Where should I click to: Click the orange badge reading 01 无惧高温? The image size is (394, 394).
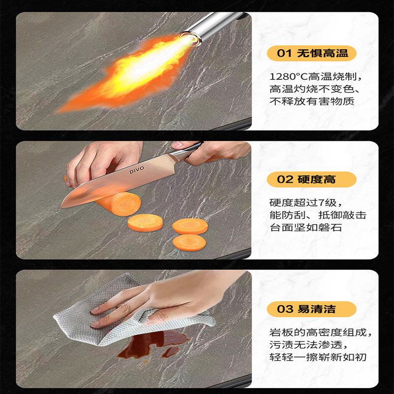click(311, 53)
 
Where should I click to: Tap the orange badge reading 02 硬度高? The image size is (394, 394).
click(311, 179)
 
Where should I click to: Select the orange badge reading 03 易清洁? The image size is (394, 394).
click(311, 309)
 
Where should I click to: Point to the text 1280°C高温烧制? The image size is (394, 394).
click(316, 77)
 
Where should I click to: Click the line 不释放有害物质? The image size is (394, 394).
click(312, 101)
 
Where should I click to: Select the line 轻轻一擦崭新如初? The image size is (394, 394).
click(318, 357)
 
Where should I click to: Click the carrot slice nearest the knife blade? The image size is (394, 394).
click(145, 223)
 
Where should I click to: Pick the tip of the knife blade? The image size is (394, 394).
click(63, 205)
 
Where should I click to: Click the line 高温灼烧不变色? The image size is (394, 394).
click(316, 90)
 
